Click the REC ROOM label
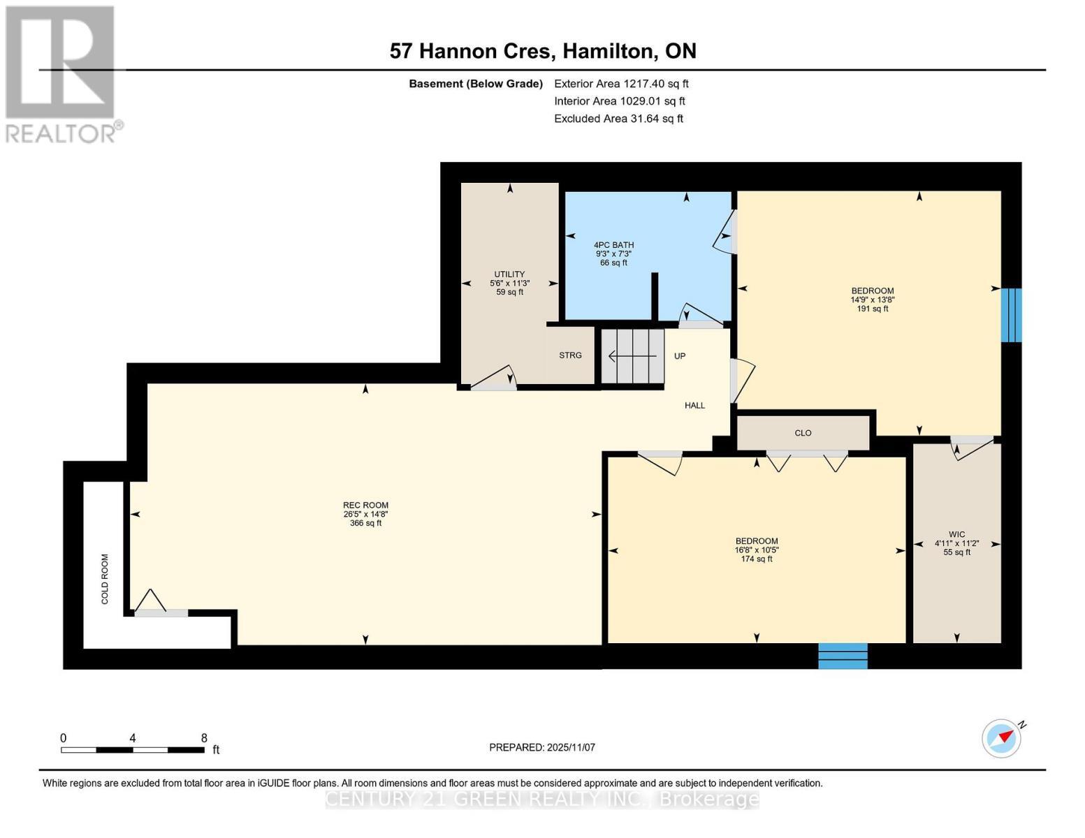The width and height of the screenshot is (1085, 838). (x=365, y=506)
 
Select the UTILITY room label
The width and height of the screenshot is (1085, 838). (x=509, y=274)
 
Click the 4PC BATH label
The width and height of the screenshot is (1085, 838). (x=613, y=245)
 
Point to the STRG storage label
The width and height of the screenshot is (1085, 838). (x=570, y=355)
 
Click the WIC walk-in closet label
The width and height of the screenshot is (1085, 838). (x=956, y=534)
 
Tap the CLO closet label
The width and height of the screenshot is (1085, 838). (x=803, y=433)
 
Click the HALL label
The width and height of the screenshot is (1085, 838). (x=694, y=405)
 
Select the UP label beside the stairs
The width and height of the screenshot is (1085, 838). (x=680, y=356)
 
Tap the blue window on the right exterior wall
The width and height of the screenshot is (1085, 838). (x=1011, y=315)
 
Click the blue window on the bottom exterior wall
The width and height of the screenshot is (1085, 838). (x=843, y=656)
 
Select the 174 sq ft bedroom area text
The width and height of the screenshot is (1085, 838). (x=757, y=559)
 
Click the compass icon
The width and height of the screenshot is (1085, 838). (x=1001, y=738)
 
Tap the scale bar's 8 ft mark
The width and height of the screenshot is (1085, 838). (x=204, y=738)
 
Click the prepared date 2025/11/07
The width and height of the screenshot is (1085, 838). (x=542, y=747)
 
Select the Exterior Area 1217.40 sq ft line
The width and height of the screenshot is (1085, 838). (x=621, y=84)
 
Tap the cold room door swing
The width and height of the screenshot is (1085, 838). (x=151, y=602)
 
